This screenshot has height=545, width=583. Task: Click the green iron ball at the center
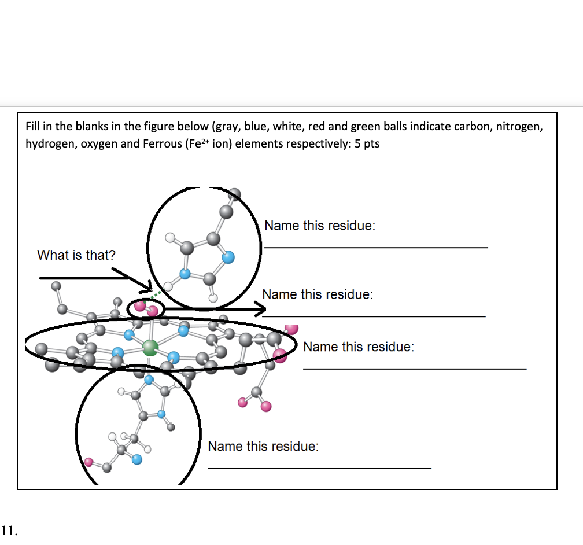coord(150,347)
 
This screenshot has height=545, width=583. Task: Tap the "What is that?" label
coord(76,255)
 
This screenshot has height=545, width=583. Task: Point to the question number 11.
coord(9,529)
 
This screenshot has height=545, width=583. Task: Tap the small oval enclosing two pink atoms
coord(145,309)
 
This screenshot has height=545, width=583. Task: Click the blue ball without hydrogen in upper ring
coord(228,256)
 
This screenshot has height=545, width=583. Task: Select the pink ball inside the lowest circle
coord(89,462)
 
